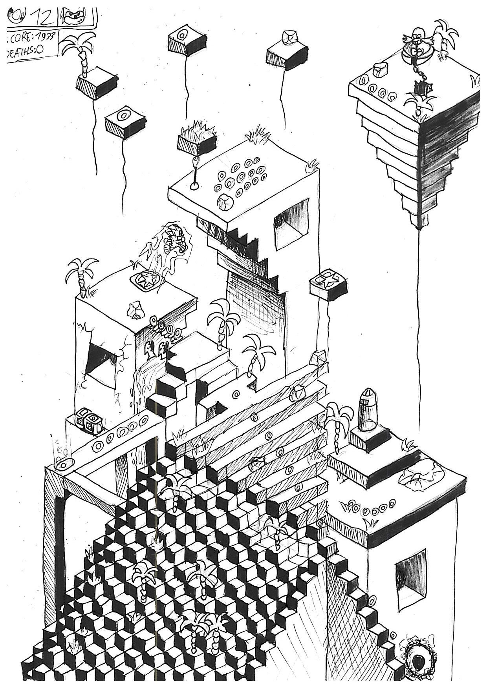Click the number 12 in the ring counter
(x=43, y=16)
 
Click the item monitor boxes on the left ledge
(x=89, y=421)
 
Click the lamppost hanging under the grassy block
(x=194, y=175)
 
